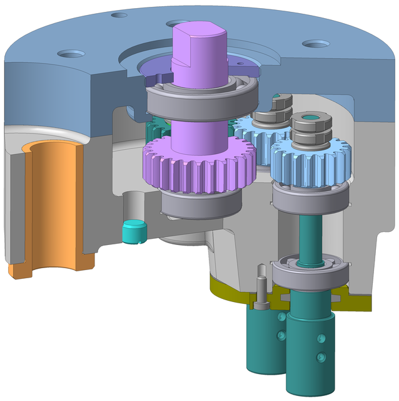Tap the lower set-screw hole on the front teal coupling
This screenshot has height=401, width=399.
(321, 357)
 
